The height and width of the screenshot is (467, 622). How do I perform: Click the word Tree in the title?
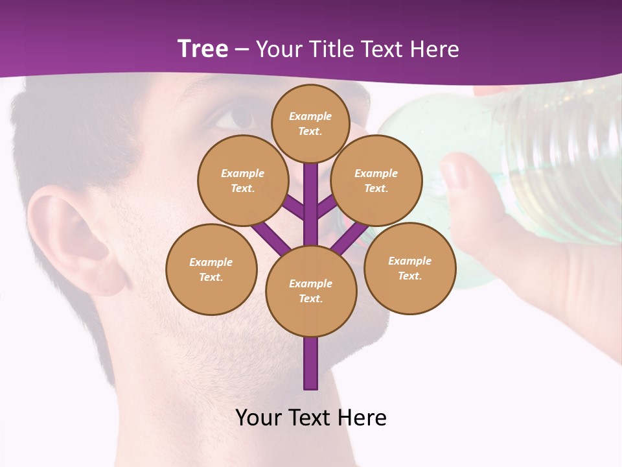coord(202,49)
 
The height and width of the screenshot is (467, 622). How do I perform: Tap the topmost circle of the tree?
coord(310,123)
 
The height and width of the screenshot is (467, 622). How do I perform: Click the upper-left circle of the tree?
coord(243,180)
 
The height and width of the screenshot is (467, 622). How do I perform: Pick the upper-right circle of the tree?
coord(376,180)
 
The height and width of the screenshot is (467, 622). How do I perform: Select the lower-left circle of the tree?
coord(211,269)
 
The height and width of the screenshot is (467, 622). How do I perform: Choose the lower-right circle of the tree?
coord(409,268)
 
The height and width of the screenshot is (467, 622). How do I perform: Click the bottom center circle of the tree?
coord(311,291)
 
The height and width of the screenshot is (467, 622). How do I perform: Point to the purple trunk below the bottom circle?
coord(311,363)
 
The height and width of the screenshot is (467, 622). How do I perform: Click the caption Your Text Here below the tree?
coord(311,418)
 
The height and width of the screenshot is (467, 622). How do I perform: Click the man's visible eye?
coord(236,117)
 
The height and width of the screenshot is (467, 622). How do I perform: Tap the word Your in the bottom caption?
coord(259,418)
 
